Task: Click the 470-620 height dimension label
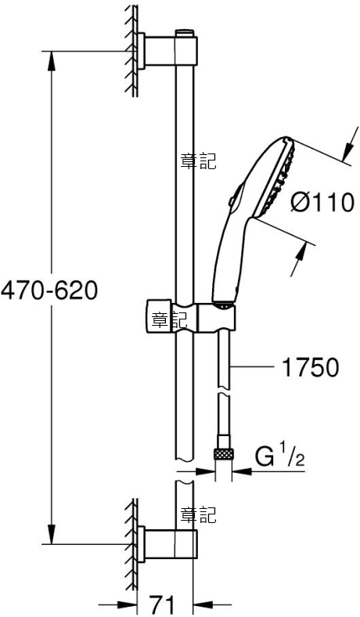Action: coord(49,291)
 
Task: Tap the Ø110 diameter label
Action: coord(322,203)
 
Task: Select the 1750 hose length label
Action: coord(311,367)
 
